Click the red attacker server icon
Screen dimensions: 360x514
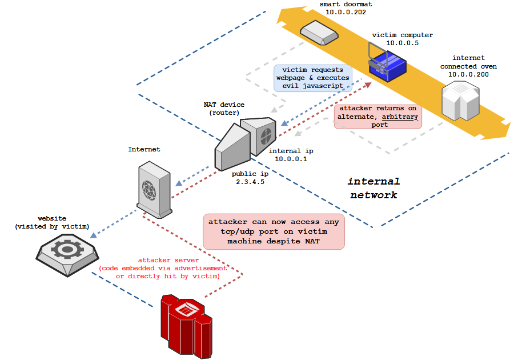(x=186, y=323)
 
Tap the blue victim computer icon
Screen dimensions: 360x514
(x=387, y=64)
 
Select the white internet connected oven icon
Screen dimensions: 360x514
(x=461, y=101)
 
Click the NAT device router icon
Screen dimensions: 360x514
(x=245, y=141)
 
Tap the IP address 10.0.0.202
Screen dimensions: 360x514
(x=342, y=12)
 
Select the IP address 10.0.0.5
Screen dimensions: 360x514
(x=402, y=43)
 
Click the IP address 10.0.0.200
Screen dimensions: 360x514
(x=468, y=74)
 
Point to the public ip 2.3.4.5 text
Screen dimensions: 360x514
(x=247, y=182)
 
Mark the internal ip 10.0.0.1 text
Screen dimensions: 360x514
(x=291, y=159)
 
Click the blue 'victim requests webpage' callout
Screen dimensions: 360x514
(x=313, y=78)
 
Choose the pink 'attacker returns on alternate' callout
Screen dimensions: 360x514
(x=378, y=116)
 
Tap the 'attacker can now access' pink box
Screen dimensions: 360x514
(x=274, y=231)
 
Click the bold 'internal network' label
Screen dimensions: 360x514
(x=374, y=188)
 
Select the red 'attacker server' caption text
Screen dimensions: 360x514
(x=159, y=268)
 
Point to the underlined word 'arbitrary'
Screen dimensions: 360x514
(x=400, y=116)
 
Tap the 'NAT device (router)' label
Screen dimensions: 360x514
(x=224, y=109)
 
